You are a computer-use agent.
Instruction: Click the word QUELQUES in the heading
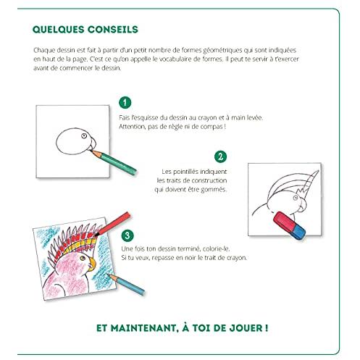[58, 30]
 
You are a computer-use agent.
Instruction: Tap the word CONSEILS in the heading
[113, 30]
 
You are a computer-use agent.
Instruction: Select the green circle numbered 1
[125, 103]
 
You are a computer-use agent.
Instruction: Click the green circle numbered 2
[220, 156]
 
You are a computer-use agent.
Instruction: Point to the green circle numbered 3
[127, 235]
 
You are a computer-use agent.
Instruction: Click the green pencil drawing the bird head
[113, 162]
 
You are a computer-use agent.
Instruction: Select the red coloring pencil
[112, 224]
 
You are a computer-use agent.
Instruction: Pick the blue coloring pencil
[126, 285]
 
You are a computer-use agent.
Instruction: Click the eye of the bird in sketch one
[84, 135]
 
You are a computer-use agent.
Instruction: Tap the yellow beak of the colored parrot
[92, 264]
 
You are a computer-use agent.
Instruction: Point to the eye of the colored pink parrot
[83, 258]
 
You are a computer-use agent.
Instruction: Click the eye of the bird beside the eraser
[296, 198]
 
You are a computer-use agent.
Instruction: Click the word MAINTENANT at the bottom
[143, 328]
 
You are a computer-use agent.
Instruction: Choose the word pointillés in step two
[186, 172]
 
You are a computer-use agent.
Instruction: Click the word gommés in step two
[214, 190]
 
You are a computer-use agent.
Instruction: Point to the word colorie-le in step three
[216, 248]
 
